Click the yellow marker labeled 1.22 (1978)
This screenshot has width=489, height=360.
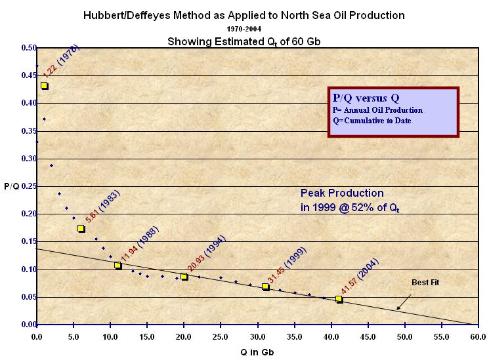[45, 86]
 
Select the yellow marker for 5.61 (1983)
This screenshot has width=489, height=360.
[81, 228]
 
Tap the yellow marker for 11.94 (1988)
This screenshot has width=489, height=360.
[117, 266]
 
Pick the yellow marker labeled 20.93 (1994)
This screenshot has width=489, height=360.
[184, 277]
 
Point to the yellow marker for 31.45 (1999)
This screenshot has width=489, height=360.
[265, 287]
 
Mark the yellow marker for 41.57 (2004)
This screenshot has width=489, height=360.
[339, 299]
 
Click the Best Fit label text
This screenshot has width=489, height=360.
[425, 283]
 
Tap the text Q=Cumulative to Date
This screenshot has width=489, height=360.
[372, 120]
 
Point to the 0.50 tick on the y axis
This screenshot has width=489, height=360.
[28, 48]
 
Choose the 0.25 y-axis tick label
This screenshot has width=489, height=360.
[28, 186]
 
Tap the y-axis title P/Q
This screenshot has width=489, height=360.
[11, 186]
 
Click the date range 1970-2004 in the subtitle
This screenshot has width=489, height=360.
[244, 29]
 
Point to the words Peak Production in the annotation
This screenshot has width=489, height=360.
[342, 193]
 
